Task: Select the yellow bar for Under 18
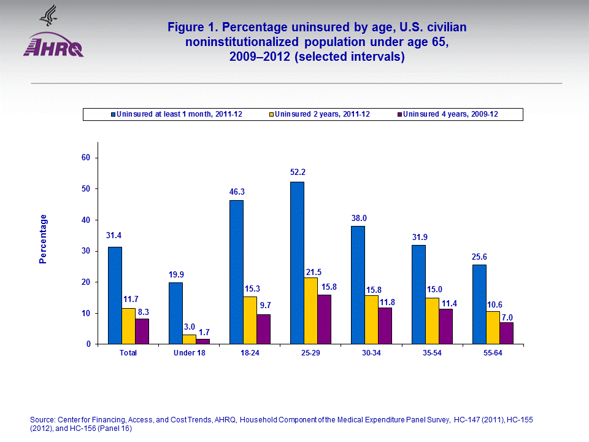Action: point(189,339)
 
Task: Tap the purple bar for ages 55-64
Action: point(507,333)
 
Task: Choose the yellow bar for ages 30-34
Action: point(371,320)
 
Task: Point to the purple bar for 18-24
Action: point(263,329)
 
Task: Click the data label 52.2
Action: point(298,173)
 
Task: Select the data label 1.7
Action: point(203,330)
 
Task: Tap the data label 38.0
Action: point(358,217)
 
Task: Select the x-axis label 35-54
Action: point(432,353)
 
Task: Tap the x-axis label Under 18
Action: point(189,353)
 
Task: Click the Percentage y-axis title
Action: point(43,239)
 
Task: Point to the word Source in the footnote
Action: point(41,419)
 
